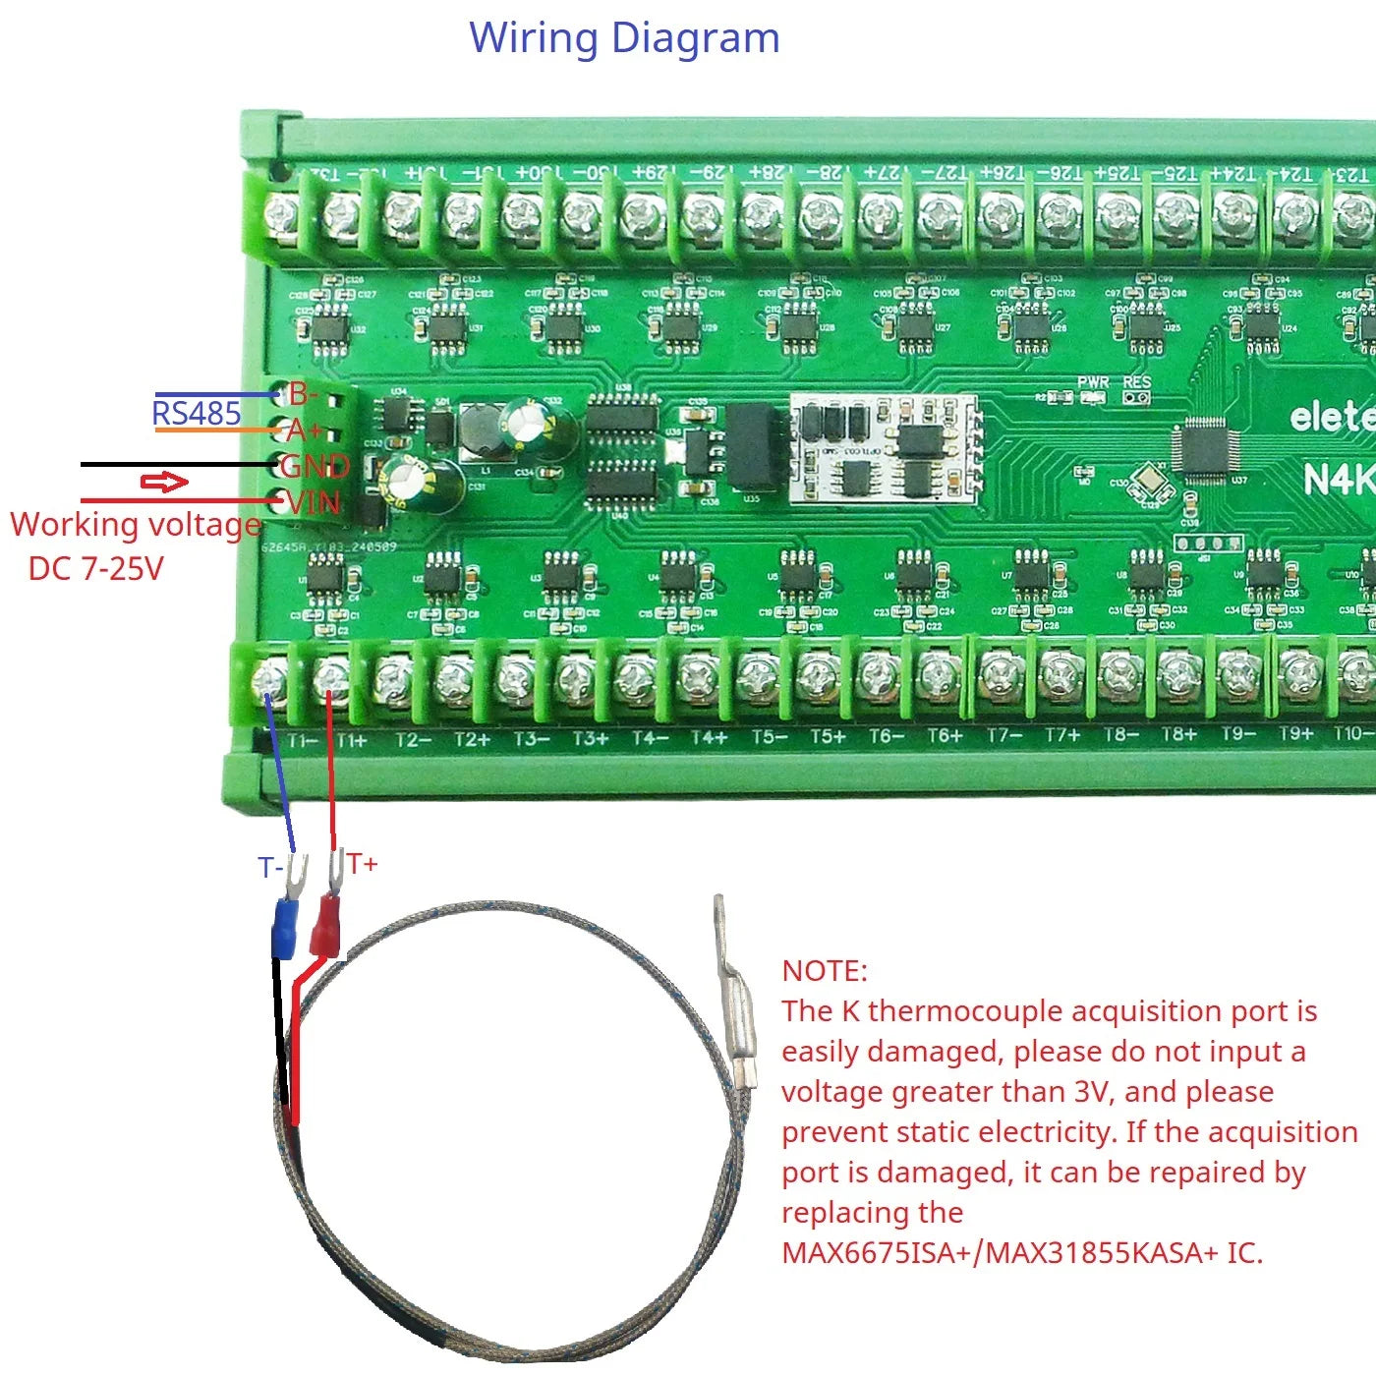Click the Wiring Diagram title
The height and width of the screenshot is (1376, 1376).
tap(624, 39)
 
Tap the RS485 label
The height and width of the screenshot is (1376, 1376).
tap(197, 413)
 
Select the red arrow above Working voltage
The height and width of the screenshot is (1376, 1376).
tap(164, 482)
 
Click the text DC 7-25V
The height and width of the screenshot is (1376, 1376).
tap(95, 568)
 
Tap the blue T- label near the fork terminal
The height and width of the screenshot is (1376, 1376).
tap(270, 868)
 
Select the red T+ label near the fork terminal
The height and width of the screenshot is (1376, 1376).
tap(362, 864)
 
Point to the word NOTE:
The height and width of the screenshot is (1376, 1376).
tap(825, 971)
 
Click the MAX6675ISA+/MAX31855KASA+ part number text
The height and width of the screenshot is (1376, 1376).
tap(1022, 1253)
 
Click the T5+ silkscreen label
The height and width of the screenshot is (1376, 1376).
tap(827, 737)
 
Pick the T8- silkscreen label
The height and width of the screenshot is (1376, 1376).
tap(1120, 735)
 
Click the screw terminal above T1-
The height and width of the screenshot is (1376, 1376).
tap(270, 678)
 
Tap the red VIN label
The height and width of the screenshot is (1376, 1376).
tap(313, 503)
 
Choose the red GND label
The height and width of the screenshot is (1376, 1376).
tap(315, 466)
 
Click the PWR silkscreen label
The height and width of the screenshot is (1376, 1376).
tap(1092, 382)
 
